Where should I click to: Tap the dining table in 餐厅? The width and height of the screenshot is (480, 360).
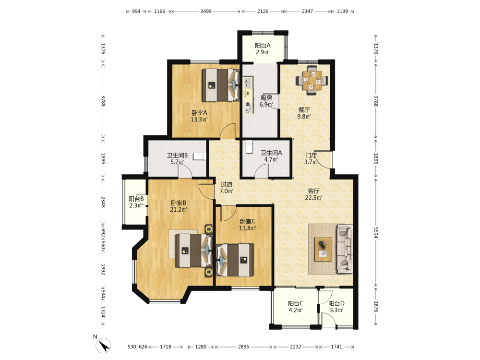(312, 81)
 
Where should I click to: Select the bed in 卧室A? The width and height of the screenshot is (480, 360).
(221, 85)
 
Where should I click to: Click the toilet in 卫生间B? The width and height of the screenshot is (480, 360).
(200, 157)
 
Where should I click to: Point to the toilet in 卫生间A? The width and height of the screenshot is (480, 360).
(249, 146)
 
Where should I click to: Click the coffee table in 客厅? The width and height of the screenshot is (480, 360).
(323, 249)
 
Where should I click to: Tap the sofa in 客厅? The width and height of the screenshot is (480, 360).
(345, 249)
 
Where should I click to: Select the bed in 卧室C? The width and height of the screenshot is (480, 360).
(235, 260)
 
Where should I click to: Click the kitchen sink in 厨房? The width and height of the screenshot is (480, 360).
(247, 83)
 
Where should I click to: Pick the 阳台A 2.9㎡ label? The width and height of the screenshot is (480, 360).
(263, 48)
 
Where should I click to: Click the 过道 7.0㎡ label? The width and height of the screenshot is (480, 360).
(227, 188)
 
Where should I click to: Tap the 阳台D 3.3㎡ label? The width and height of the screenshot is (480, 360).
(336, 307)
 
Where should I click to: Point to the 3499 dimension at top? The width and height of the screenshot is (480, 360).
(206, 12)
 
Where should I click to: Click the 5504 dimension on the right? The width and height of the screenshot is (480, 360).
(376, 232)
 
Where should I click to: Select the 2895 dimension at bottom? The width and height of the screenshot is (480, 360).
(244, 347)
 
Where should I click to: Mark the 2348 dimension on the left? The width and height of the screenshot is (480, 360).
(103, 202)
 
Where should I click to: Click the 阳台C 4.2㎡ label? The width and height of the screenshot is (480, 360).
(295, 307)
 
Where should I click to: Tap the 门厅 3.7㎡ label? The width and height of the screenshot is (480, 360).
(311, 158)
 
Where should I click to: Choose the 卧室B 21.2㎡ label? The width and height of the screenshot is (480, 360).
(179, 206)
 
